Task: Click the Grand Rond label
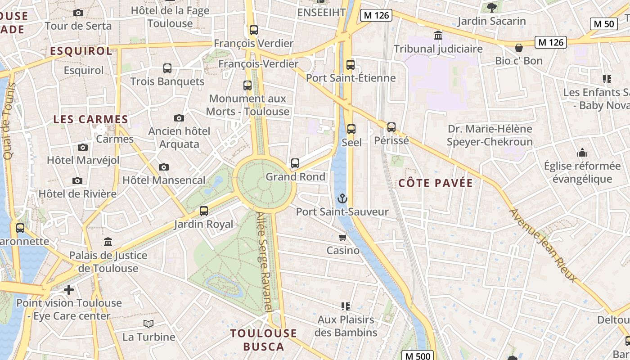coord(295,177)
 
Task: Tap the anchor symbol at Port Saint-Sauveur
coord(342,198)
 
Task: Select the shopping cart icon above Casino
coord(343,237)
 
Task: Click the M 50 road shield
coord(603,24)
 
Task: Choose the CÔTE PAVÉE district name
coord(436,183)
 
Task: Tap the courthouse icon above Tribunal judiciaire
coord(438,35)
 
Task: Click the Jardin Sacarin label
coord(491,21)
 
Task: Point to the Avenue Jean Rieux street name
coord(543,245)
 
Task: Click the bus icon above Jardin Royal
coord(204,211)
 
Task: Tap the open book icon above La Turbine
coord(148,324)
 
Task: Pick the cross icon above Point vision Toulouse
coord(69,290)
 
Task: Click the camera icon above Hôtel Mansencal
coord(164,167)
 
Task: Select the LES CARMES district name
coord(91,119)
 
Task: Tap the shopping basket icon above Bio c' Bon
coord(519,47)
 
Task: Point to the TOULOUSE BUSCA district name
coord(264,340)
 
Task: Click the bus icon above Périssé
coord(391,127)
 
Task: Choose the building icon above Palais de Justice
coord(108,242)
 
